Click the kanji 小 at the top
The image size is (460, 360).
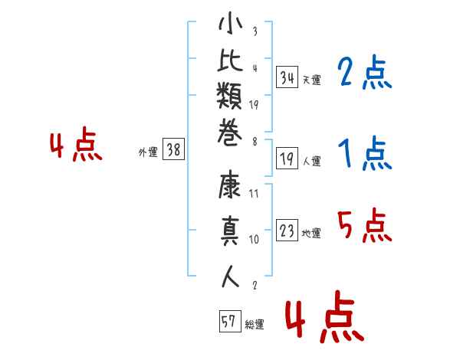230,27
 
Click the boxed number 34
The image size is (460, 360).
287,77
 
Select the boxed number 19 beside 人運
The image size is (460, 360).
287,159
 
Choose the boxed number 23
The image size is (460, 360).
287,231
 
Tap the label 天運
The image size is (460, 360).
311,80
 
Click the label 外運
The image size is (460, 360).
148,152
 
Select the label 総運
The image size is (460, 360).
255,324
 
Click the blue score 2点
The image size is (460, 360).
364,74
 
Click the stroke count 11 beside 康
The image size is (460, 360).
254,195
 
